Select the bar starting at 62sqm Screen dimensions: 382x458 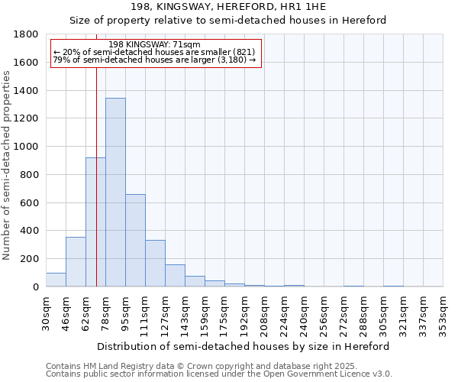(95, 222)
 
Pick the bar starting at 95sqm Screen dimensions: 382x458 (135, 241)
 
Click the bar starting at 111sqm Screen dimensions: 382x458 (155, 264)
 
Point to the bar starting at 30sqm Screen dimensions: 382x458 (56, 280)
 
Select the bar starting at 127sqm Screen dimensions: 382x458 (175, 276)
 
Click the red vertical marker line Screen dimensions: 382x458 (97, 153)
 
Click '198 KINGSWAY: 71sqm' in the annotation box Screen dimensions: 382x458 (154, 44)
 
